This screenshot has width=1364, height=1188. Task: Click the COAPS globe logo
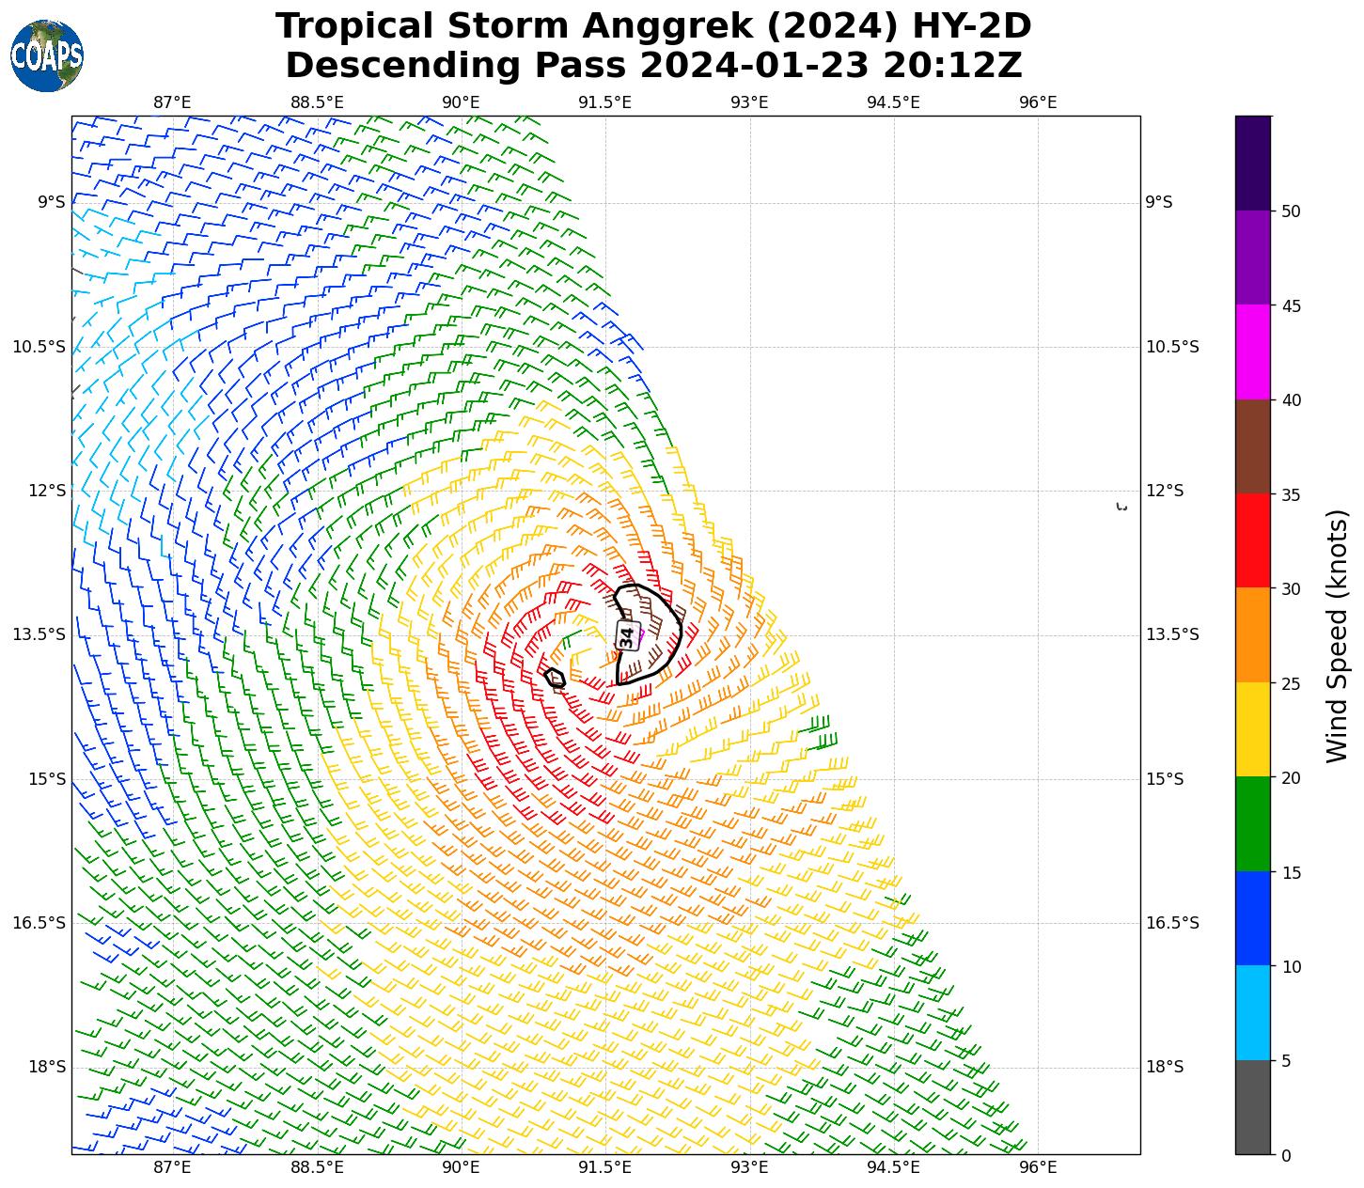coord(47,55)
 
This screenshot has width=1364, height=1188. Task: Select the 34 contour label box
coord(627,636)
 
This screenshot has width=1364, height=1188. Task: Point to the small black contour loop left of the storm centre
coord(555,678)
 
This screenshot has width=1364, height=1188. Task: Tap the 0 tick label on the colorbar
coord(1285,1156)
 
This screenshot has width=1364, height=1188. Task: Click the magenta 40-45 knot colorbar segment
coord(1252,352)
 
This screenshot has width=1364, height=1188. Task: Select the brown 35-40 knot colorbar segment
coord(1252,446)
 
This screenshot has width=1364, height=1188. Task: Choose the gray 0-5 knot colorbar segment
coord(1252,1107)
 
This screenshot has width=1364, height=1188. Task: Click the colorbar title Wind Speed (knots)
coord(1336,635)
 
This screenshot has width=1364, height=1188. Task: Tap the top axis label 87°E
coord(172,102)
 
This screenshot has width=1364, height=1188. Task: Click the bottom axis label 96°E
coord(1038,1167)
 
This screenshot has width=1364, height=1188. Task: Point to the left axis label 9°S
coord(52,202)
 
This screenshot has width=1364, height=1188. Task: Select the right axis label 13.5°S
coord(1172,634)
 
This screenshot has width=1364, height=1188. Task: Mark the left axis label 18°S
coord(47,1067)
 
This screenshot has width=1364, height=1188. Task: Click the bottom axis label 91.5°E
coord(604,1167)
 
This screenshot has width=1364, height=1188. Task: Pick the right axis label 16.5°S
coord(1172,923)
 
